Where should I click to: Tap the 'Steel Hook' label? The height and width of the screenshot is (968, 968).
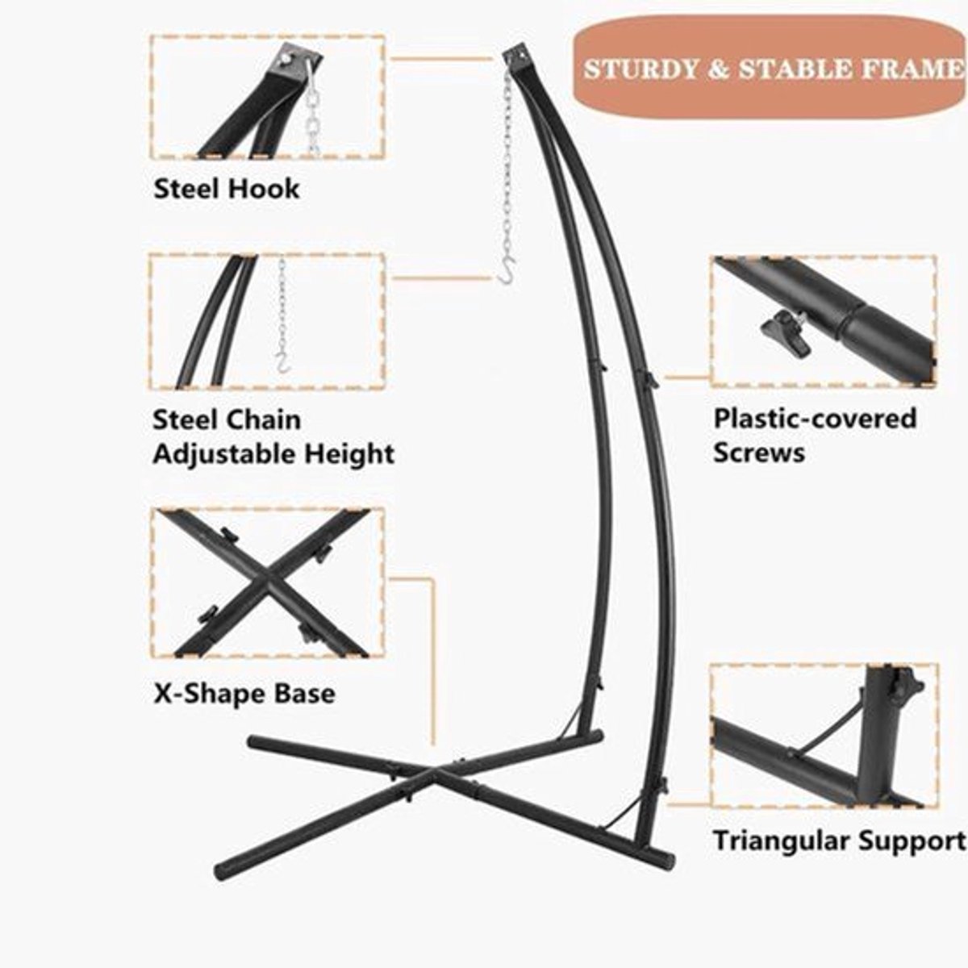pyautogui.click(x=227, y=190)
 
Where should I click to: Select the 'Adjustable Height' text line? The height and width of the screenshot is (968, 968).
pyautogui.click(x=273, y=454)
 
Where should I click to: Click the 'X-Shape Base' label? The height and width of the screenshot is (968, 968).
pyautogui.click(x=244, y=694)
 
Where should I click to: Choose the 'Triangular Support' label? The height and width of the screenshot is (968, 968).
pyautogui.click(x=838, y=840)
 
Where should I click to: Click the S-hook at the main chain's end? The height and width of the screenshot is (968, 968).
pyautogui.click(x=507, y=273)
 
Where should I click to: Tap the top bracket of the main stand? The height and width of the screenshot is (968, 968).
pyautogui.click(x=517, y=60)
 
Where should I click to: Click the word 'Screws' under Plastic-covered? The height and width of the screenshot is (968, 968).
pyautogui.click(x=759, y=452)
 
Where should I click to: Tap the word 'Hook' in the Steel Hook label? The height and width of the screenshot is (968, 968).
pyautogui.click(x=265, y=190)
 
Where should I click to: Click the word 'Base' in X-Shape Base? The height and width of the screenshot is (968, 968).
pyautogui.click(x=305, y=694)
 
